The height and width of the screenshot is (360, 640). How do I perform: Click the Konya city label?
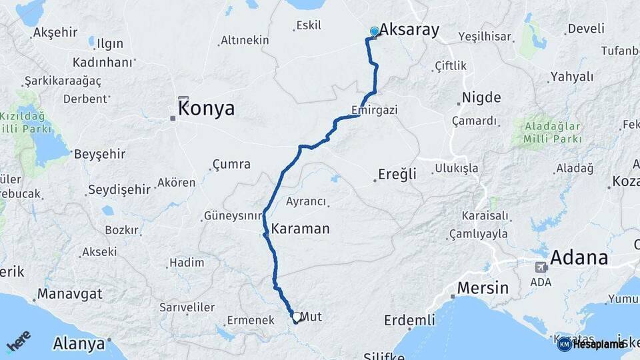coord(207,108)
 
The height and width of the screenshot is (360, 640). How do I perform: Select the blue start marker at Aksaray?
coord(374,31)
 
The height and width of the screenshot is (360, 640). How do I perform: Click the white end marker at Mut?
coord(295,317)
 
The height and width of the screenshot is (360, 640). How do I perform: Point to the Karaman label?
coord(300,229)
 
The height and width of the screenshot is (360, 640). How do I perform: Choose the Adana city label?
coord(579,257)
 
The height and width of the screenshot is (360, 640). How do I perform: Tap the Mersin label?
coord(483,289)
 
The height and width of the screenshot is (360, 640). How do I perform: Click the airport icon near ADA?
coord(540,267)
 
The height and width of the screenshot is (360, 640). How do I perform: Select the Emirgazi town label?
coord(374,110)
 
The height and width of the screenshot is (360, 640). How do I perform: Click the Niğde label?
coord(481,97)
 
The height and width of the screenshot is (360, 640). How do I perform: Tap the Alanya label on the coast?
coord(79,343)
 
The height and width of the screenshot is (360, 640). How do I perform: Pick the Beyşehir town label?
coord(99,154)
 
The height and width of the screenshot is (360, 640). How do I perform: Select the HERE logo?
coord(19,341)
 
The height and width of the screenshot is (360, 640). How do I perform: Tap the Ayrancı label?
coord(306,201)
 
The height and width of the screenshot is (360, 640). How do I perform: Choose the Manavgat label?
coord(69,293)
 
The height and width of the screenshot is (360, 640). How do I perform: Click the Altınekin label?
coord(245,41)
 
